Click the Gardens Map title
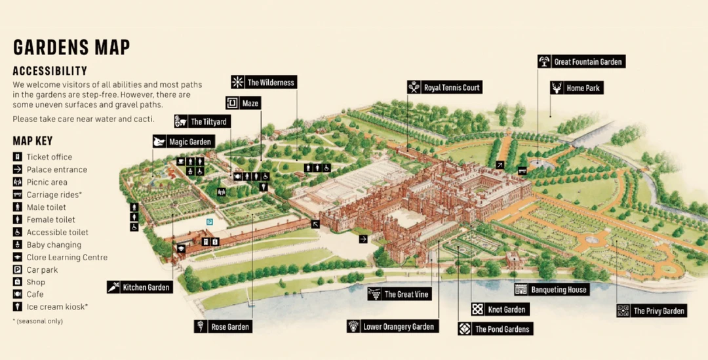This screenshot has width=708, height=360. pyautogui.click(x=71, y=48)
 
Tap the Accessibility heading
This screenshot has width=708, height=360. pyautogui.click(x=50, y=71)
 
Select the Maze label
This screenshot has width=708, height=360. pyautogui.click(x=243, y=104)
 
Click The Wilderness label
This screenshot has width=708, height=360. pyautogui.click(x=264, y=83)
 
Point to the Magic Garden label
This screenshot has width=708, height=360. pyautogui.click(x=183, y=142)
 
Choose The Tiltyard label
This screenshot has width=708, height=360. pyautogui.click(x=203, y=121)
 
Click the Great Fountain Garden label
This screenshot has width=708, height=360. pyautogui.click(x=581, y=62)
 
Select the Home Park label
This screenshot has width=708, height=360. pyautogui.click(x=576, y=88)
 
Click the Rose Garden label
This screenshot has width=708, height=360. pyautogui.click(x=224, y=327)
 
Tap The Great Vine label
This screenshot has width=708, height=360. pyautogui.click(x=399, y=294)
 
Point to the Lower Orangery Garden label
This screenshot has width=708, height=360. pyautogui.click(x=392, y=327)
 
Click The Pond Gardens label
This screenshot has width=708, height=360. pyautogui.click(x=496, y=329)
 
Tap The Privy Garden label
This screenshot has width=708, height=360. pyautogui.click(x=652, y=311)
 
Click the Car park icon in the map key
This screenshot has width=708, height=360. pyautogui.click(x=17, y=270)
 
